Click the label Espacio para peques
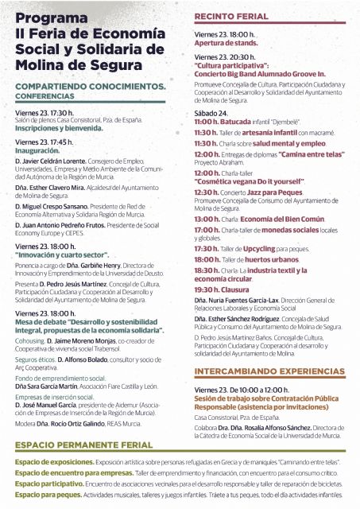45,492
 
